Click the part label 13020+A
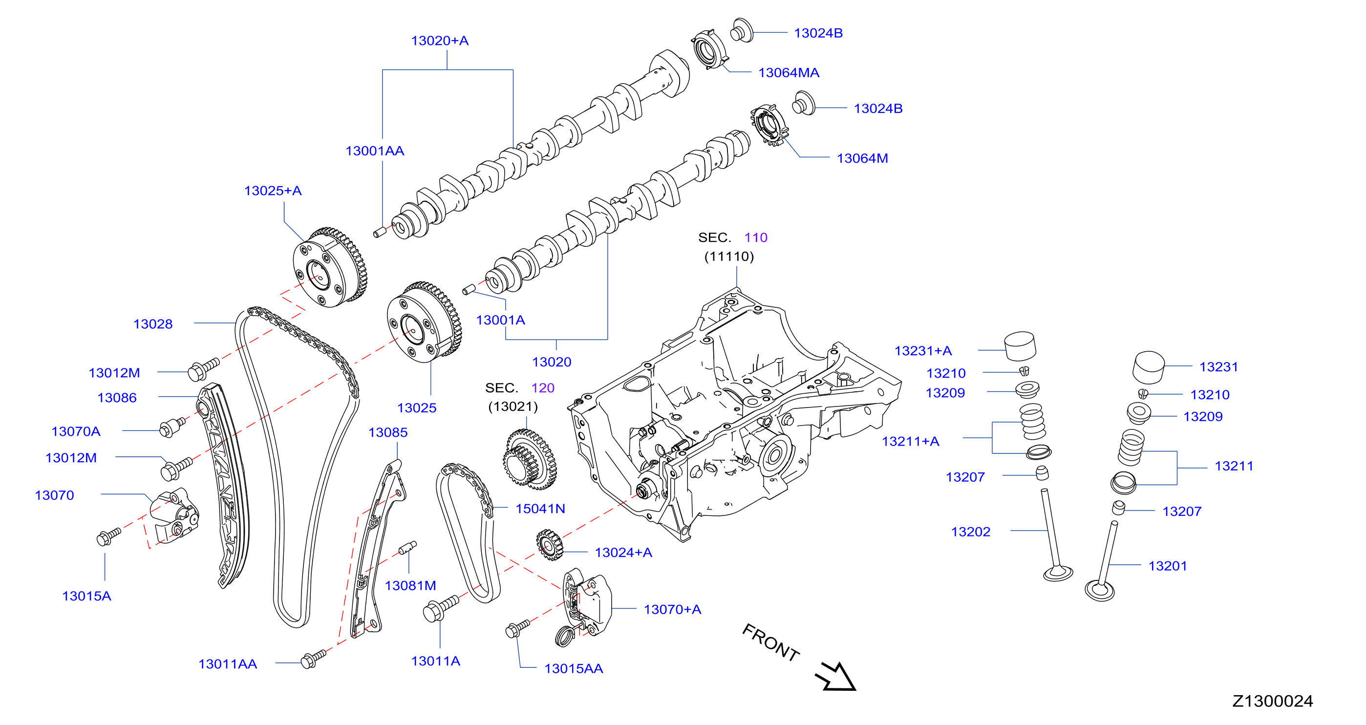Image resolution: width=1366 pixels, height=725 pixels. coord(440,41)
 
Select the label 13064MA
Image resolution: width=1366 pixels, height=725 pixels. coord(789,73)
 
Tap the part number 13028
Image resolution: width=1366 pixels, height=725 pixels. coord(153,324)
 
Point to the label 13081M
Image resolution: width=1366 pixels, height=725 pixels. coord(410,585)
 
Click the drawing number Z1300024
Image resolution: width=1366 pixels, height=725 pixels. coord(1272,701)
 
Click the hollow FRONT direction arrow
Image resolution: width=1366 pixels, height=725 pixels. coord(836,677)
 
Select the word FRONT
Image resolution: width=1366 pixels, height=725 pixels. coord(770,642)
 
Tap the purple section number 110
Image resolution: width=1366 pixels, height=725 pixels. coord(756,237)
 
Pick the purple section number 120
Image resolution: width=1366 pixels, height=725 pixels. coord(542,388)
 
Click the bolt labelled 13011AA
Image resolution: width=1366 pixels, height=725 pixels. coord(313,659)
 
